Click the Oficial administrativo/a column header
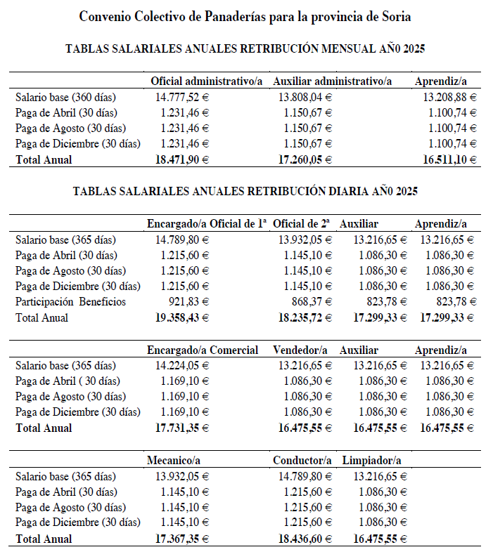pyautogui.click(x=207, y=81)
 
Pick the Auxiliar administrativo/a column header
pyautogui.click(x=332, y=81)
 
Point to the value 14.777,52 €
pyautogui.click(x=182, y=97)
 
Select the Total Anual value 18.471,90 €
pyautogui.click(x=181, y=159)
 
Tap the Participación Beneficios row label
pyautogui.click(x=70, y=302)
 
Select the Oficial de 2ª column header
pyautogui.click(x=302, y=223)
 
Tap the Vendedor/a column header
pyautogui.click(x=300, y=350)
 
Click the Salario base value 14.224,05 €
pyautogui.click(x=182, y=366)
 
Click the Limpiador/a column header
pyautogui.click(x=372, y=461)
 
